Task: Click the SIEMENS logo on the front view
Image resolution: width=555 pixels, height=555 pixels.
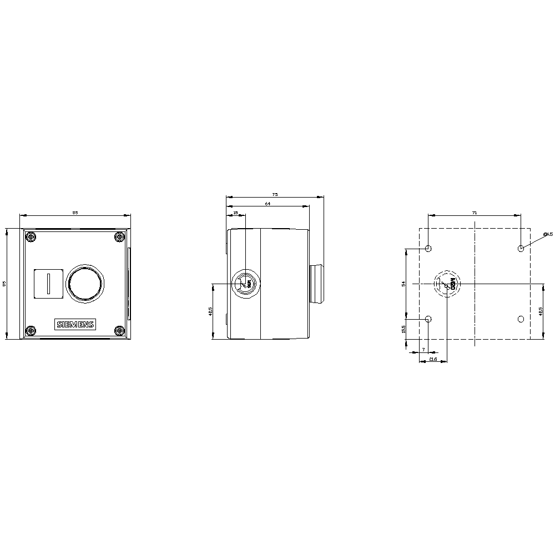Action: [x=75, y=325]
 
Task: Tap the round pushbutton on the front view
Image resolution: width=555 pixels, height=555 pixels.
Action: [x=84, y=282]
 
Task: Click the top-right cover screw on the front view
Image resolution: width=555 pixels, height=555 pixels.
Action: [x=119, y=238]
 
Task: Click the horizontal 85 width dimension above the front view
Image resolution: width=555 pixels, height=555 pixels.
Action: [x=75, y=212]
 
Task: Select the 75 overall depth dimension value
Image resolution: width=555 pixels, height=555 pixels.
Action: [x=275, y=194]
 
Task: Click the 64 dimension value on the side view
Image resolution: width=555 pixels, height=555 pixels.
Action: [x=268, y=204]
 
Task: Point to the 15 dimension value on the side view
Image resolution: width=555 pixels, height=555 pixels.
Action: [x=235, y=213]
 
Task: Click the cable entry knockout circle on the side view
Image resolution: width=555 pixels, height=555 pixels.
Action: [x=245, y=284]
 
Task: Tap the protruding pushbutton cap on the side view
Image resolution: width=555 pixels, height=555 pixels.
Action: [x=317, y=284]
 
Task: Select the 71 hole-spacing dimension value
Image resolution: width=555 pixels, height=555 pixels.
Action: [x=475, y=212]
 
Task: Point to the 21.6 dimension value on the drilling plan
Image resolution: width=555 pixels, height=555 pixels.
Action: [x=433, y=360]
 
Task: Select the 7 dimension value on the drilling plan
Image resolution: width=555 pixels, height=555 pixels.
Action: [x=423, y=350]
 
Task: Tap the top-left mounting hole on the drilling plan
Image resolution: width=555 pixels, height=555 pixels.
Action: [x=428, y=248]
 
